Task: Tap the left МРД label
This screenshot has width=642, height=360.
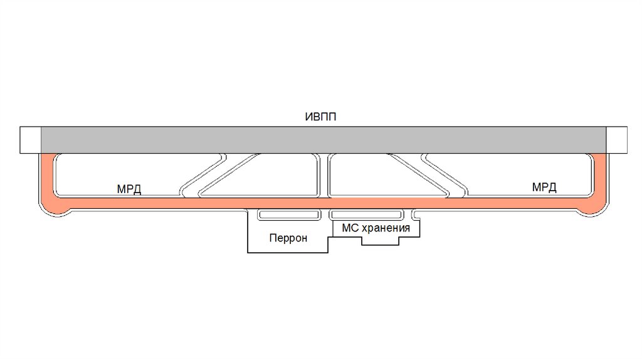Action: tap(129, 189)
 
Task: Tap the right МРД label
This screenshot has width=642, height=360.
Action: tap(544, 187)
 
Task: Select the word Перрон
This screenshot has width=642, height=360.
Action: tap(288, 238)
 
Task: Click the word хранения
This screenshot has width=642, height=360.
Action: tap(385, 228)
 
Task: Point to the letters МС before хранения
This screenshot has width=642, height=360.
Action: tap(349, 228)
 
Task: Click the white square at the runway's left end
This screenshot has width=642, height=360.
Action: tap(30, 139)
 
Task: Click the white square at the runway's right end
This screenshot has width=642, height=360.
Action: tap(617, 139)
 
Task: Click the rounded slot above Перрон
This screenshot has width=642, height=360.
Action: tap(290, 214)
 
